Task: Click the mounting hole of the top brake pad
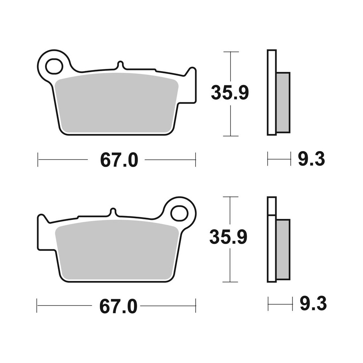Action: [54, 66]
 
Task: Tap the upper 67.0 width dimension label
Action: [119, 160]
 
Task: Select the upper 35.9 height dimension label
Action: [230, 93]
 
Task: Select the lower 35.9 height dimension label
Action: [228, 238]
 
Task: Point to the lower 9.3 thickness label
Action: [313, 304]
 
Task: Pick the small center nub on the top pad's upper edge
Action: [121, 65]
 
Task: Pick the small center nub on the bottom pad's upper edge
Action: [113, 212]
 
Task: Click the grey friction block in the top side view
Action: [283, 102]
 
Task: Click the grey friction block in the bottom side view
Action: [283, 250]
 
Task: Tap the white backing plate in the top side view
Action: [272, 93]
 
